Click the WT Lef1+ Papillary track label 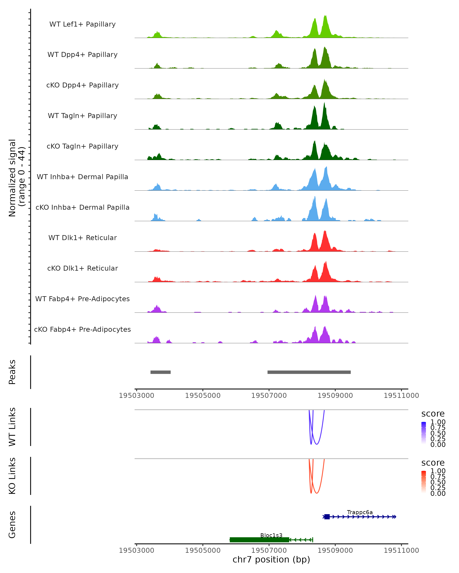tap(82, 24)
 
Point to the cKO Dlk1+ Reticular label tap(82, 268)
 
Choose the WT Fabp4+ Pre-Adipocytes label tap(82, 299)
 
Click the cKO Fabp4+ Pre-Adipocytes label tap(82, 329)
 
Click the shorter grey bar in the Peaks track tap(160, 372)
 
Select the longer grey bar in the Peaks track tap(309, 372)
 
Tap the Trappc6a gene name tap(360, 512)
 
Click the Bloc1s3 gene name tap(271, 535)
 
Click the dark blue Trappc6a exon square tap(327, 517)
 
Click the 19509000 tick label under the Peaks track tap(335, 396)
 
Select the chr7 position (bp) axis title tap(271, 560)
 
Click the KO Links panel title tap(12, 476)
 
